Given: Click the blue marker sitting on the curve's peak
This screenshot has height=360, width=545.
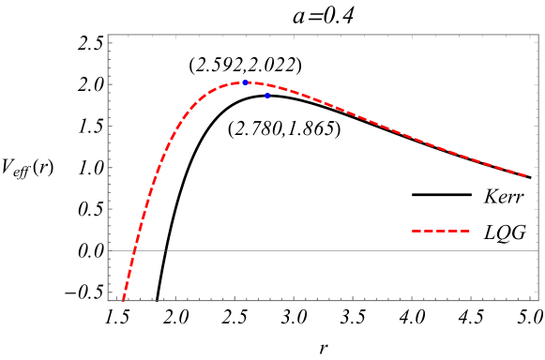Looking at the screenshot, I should (245, 82).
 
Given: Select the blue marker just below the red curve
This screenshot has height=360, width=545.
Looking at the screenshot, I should (267, 96).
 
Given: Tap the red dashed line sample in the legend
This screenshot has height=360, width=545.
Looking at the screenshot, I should (441, 231).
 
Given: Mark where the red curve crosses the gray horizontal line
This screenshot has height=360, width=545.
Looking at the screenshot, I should (134, 250).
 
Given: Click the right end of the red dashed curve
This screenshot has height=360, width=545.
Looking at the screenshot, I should (526, 175).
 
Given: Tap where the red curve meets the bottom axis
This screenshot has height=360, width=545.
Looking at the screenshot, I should (123, 300).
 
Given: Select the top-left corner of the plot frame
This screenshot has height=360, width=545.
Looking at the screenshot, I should (108, 36).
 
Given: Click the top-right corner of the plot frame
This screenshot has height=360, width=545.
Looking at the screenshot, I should (538, 36).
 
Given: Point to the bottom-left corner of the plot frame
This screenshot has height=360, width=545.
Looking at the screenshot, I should (108, 300).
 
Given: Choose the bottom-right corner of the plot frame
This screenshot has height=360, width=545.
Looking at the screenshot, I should (538, 300).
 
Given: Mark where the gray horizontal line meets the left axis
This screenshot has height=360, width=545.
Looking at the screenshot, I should (108, 250).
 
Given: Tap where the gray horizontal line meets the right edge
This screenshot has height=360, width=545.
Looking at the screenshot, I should (538, 250).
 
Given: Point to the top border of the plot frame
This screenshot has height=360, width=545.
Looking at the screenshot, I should (324, 36).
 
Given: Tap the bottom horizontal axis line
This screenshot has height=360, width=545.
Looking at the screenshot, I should (324, 300).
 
